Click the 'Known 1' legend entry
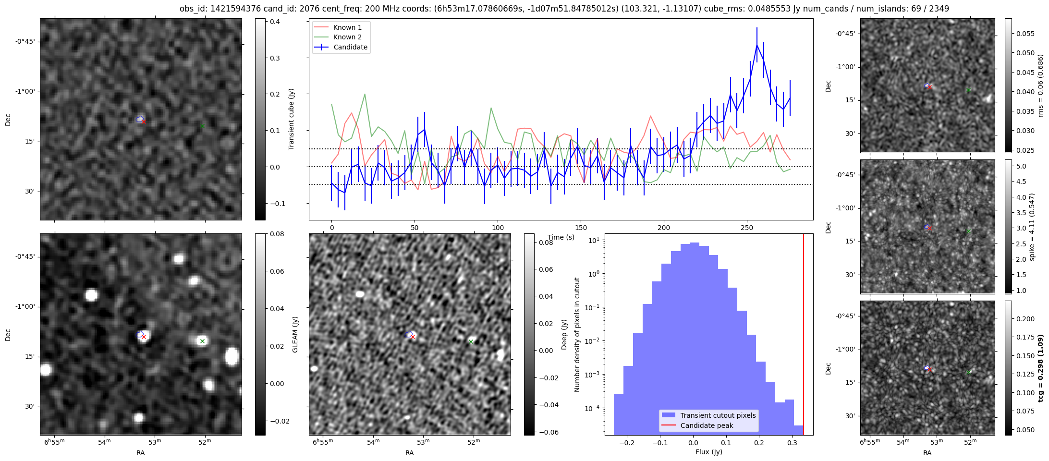(347, 27)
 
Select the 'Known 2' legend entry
(347, 37)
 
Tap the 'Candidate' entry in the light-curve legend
(350, 47)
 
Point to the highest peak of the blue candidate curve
(756, 45)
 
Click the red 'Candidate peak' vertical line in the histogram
(804, 336)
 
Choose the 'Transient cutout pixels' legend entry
(718, 415)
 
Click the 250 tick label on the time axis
(746, 228)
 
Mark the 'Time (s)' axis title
(561, 237)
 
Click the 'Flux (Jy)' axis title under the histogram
(708, 452)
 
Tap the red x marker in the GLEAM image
(144, 337)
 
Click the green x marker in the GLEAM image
(202, 341)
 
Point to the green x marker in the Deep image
(471, 342)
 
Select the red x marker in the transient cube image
(144, 122)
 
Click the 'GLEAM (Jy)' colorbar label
(295, 335)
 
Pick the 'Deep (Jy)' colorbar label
(564, 335)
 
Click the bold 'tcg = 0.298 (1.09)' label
(1040, 368)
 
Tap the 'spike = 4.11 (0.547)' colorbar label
(1032, 227)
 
